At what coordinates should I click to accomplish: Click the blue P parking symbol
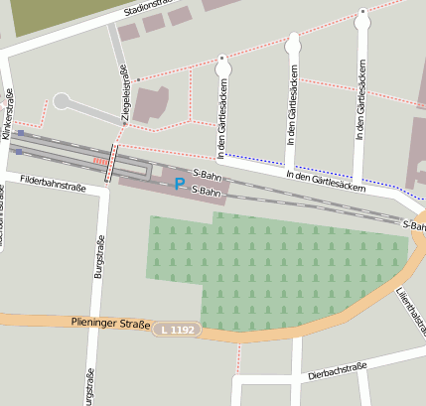[179, 184]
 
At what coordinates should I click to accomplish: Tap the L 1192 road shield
[177, 328]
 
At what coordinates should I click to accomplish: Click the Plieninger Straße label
[109, 323]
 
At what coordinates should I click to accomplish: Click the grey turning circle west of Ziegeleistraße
[62, 100]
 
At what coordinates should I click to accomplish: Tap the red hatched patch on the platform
[98, 161]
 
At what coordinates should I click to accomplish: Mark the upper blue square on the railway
[20, 133]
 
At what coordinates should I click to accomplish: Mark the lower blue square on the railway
[18, 152]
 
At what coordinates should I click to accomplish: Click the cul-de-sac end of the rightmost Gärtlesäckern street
[362, 16]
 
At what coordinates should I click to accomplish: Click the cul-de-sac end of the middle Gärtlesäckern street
[292, 43]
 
